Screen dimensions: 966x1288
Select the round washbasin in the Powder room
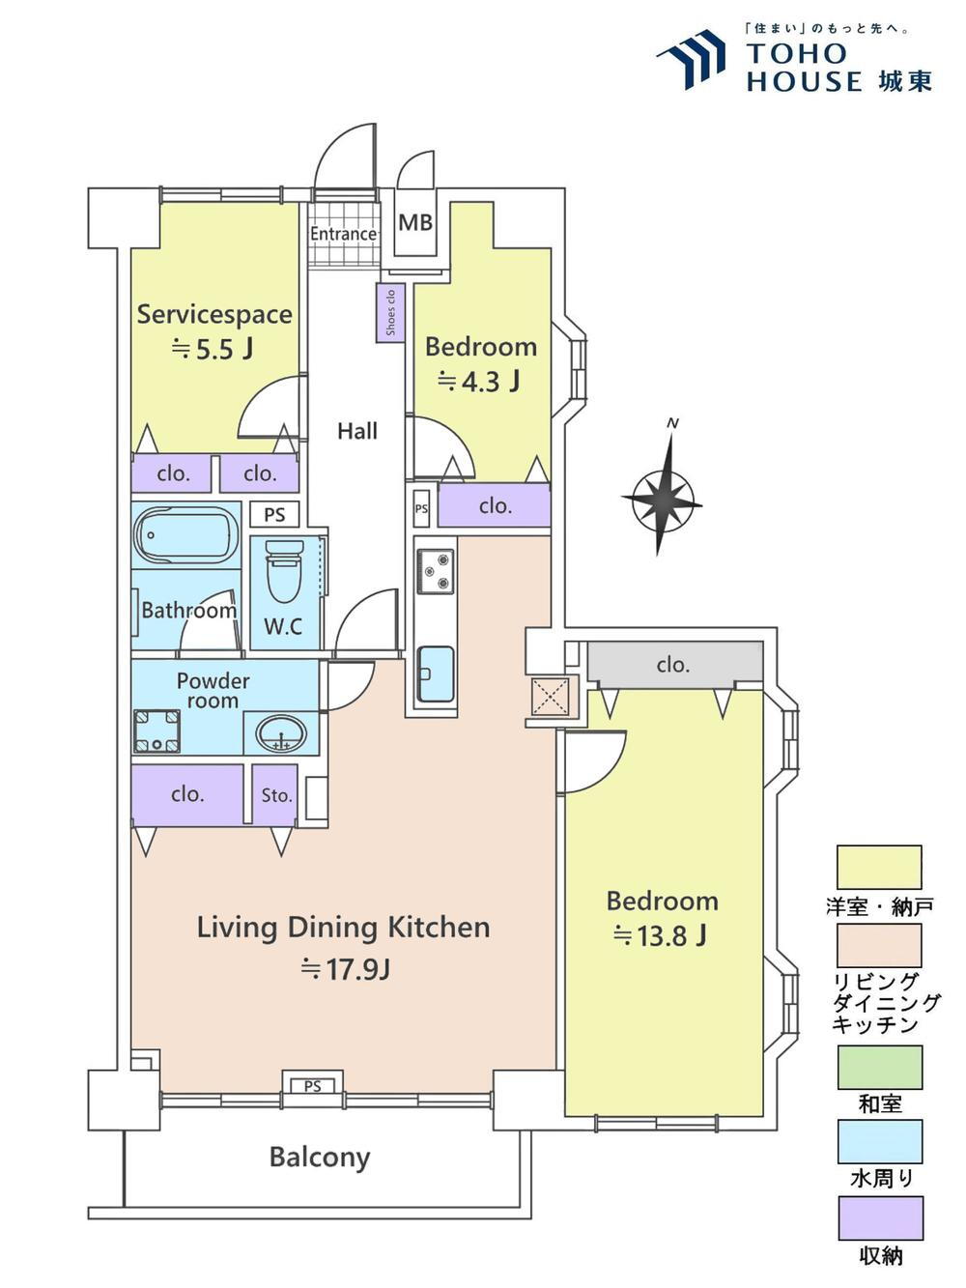[282, 733]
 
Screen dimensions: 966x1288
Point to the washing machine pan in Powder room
[156, 731]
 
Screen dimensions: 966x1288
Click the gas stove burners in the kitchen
[436, 571]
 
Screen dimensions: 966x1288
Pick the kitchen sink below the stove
[436, 673]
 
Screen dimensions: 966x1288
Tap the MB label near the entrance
[415, 223]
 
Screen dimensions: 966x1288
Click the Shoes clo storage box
[390, 313]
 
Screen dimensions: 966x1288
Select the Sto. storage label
[276, 795]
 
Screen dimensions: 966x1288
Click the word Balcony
[320, 1158]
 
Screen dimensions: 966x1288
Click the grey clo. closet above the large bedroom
[675, 664]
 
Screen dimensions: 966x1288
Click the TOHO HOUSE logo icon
[692, 59]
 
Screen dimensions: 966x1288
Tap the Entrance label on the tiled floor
[343, 234]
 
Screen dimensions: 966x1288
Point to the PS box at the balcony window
[312, 1086]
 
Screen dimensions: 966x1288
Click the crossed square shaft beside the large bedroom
[551, 697]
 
